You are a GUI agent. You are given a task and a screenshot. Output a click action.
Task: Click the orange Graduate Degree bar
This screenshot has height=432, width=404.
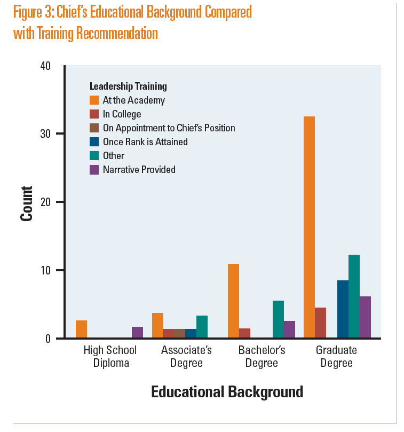[309, 227]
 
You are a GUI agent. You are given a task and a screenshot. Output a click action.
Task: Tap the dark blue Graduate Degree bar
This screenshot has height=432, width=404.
[343, 309]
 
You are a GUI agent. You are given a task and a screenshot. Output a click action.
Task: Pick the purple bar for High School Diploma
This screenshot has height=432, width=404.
[137, 332]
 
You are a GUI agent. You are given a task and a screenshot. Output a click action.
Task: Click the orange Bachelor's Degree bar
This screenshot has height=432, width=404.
[233, 301]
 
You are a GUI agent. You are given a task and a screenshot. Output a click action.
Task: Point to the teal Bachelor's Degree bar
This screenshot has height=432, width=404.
[278, 319]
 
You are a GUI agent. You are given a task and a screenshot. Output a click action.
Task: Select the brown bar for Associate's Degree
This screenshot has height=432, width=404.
[179, 333]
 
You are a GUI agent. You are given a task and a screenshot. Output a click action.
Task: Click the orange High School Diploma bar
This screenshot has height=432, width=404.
[81, 329]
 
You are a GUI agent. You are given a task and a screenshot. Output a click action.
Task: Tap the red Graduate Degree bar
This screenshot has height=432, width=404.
[320, 323]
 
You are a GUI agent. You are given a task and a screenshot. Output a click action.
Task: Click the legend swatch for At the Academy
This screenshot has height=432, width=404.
[94, 100]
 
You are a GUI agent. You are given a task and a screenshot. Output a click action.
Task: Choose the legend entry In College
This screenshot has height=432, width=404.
[122, 114]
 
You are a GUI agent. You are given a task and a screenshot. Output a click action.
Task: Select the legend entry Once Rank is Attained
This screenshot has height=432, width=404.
[145, 142]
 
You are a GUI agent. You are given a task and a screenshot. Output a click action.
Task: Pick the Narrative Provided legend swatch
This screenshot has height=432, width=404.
[94, 169]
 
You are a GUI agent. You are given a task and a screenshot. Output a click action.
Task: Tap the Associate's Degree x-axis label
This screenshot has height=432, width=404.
[186, 357]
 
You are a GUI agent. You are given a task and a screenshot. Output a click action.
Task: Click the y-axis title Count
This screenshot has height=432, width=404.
[26, 203]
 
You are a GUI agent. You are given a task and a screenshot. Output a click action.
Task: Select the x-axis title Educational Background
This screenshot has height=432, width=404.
[227, 392]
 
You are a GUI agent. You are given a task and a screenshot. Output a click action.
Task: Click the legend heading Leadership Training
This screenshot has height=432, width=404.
[128, 86]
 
